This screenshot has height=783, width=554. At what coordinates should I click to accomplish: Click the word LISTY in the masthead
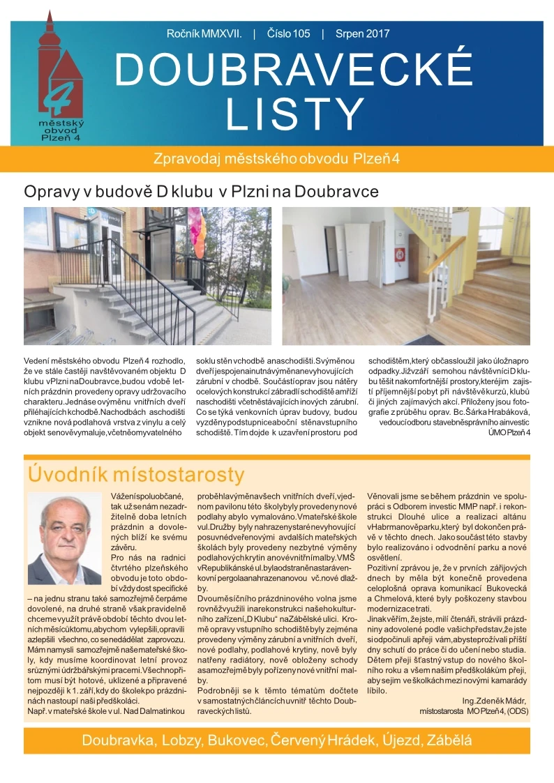294,114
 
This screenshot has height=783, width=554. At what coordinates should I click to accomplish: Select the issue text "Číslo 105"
288,33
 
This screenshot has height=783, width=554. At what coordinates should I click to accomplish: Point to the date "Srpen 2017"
362,33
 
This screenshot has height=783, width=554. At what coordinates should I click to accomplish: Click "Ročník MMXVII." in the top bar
204,33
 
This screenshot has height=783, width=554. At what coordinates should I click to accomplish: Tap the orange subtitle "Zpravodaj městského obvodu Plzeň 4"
276,158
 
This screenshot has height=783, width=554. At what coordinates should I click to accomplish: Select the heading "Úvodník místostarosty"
136,475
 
